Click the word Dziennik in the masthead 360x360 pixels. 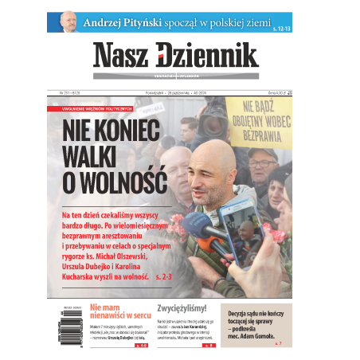coord(209,54)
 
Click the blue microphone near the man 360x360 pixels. coord(194,227)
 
